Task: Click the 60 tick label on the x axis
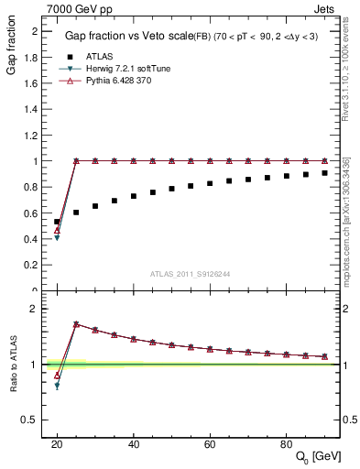coord(210,443)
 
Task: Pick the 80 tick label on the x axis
coord(286,443)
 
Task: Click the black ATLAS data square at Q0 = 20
coord(57,222)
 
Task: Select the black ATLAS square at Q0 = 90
coord(324,172)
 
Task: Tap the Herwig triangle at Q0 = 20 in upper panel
coord(57,238)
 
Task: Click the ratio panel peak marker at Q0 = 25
coord(76,324)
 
